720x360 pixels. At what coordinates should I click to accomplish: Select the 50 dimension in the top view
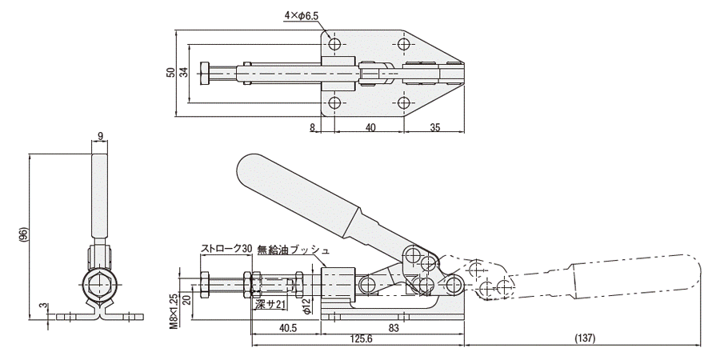coord(170,71)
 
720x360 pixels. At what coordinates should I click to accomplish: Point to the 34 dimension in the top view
coord(183,71)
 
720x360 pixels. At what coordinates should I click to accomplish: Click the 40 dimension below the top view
coord(370,126)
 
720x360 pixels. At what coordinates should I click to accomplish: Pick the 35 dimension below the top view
coord(434,126)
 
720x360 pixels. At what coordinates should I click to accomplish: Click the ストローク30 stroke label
coord(226,249)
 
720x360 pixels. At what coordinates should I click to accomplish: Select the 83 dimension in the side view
coord(394,327)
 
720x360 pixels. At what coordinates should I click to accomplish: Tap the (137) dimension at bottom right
coord(584,339)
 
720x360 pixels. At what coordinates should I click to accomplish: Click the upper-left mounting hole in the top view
coord(334,42)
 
